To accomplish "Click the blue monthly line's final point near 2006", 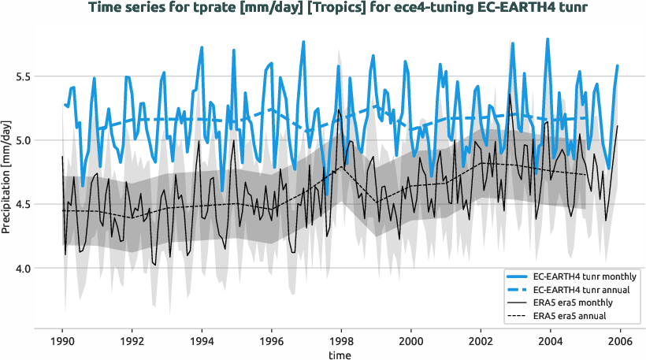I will [618, 65].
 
